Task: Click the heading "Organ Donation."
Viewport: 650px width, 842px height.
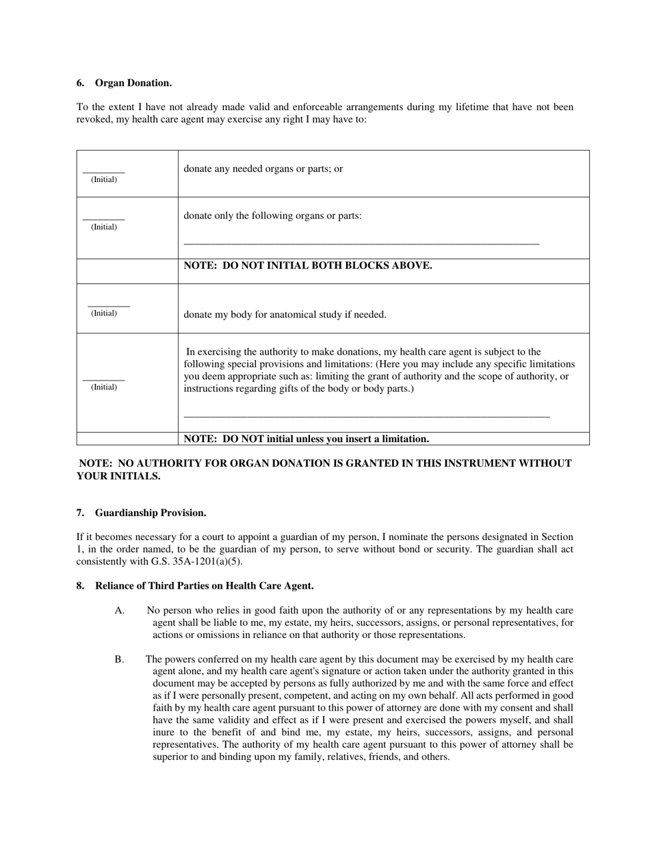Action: click(x=133, y=83)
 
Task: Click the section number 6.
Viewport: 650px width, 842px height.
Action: click(x=80, y=83)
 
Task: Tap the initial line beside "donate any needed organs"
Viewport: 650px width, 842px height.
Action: click(x=104, y=171)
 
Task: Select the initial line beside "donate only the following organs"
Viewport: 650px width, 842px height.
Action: click(x=104, y=218)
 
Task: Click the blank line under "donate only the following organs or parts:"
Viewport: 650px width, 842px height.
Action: click(x=361, y=243)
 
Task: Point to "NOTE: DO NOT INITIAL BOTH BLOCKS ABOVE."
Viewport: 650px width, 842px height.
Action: click(x=308, y=266)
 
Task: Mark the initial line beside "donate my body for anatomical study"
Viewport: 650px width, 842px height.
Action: click(x=108, y=305)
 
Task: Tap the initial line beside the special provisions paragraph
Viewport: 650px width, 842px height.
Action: click(x=104, y=379)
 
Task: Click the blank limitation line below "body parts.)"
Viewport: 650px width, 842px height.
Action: click(x=367, y=416)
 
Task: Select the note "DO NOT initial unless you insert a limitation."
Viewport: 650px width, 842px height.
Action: click(x=307, y=439)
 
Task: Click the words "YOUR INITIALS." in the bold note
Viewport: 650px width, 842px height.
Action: click(x=118, y=476)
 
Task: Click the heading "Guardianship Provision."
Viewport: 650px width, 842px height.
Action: click(x=151, y=513)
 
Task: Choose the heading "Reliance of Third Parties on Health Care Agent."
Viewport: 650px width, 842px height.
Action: click(x=204, y=585)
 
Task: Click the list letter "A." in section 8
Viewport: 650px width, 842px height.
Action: click(x=120, y=611)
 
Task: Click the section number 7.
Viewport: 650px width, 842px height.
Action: click(x=80, y=513)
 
